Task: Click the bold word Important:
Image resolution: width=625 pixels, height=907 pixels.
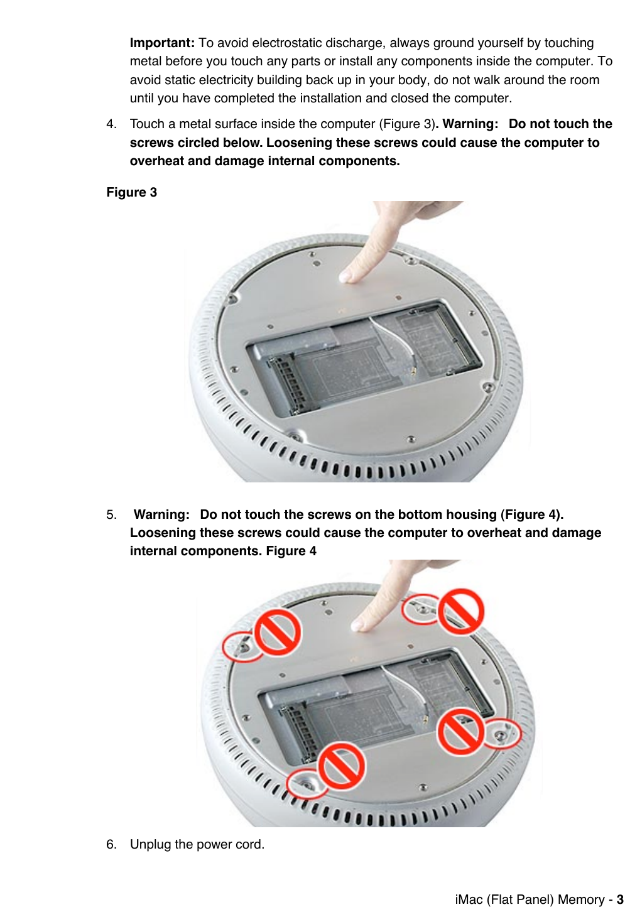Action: coord(162,43)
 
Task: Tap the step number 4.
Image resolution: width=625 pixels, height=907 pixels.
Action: coord(111,124)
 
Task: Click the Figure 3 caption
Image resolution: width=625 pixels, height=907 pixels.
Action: coord(131,192)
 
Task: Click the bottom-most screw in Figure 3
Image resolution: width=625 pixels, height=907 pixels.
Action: coord(293,435)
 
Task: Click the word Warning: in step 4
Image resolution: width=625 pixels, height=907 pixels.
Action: coord(470,124)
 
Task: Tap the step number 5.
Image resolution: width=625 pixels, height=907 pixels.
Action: coord(111,515)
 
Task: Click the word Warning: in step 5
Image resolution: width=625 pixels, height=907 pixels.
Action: coord(161,515)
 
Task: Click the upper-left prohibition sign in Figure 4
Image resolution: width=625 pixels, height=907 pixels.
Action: coord(277,632)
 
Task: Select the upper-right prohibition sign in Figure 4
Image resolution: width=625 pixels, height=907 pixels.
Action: coord(461,611)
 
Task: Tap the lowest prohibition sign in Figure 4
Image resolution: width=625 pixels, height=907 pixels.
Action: coord(342,766)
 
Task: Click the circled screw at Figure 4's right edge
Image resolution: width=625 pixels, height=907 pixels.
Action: coord(501,735)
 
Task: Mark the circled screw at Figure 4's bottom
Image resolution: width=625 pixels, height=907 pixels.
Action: coord(306,785)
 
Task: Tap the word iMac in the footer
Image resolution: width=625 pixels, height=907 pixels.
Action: coord(469,899)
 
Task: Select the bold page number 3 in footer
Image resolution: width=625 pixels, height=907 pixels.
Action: coord(619,899)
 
